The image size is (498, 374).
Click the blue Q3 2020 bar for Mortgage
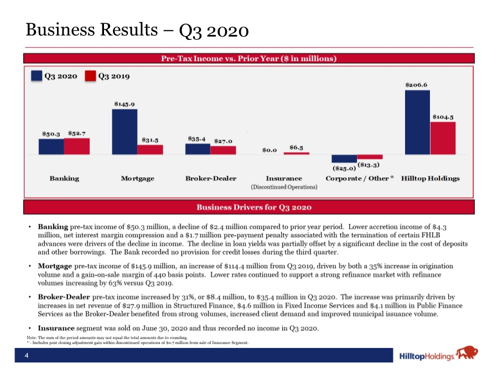[125, 132]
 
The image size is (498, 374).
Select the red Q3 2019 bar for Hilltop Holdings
[443, 138]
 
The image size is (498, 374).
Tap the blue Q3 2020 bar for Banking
[51, 147]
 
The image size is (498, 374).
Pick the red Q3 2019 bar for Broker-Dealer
[224, 150]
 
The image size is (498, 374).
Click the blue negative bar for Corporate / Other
[344, 158]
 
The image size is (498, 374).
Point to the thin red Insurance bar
[297, 153]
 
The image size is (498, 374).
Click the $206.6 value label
[416, 85]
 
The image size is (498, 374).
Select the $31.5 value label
[150, 140]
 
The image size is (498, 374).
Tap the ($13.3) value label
[369, 165]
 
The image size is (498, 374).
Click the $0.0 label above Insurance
[269, 150]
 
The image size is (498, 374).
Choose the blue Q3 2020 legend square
[37, 76]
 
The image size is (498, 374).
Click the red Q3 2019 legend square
[91, 76]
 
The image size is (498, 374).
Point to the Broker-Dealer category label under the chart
[211, 178]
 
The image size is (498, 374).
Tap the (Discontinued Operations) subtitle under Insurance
[284, 187]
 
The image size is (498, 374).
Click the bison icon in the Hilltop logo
[467, 352]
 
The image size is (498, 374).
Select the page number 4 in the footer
[27, 356]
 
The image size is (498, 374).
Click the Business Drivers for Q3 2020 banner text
[254, 207]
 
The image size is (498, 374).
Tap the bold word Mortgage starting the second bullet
[55, 266]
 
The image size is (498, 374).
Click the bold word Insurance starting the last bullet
[56, 328]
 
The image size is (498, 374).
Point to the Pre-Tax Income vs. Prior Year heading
[248, 59]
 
